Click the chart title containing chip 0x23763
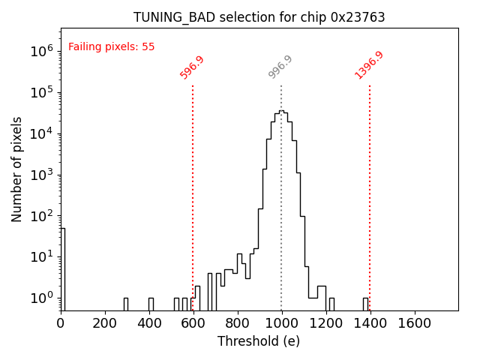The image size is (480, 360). coord(259,17)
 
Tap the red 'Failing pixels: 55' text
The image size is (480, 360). coord(111,46)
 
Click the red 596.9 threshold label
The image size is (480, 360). coord(192,67)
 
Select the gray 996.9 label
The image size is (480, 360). coord(280,67)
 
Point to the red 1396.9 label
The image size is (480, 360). coord(369,65)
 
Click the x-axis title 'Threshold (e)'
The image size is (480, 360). coord(259,341)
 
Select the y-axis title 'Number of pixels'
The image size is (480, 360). coord(17,169)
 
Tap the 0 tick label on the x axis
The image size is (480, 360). coord(61,323)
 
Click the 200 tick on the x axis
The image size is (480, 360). coord(105,323)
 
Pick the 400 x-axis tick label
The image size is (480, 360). coord(149,323)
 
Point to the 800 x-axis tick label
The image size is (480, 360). coord(237,323)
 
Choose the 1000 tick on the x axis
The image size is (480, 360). coord(281,323)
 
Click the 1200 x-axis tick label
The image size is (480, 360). coord(325,323)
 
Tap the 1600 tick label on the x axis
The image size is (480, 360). coord(414,323)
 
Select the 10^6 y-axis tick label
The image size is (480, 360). coord(40,52)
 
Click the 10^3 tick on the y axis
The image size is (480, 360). coord(40,175)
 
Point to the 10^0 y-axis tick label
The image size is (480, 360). coord(40,298)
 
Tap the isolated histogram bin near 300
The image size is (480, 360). coord(126,304)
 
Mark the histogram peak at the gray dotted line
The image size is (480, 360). coord(281,112)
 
